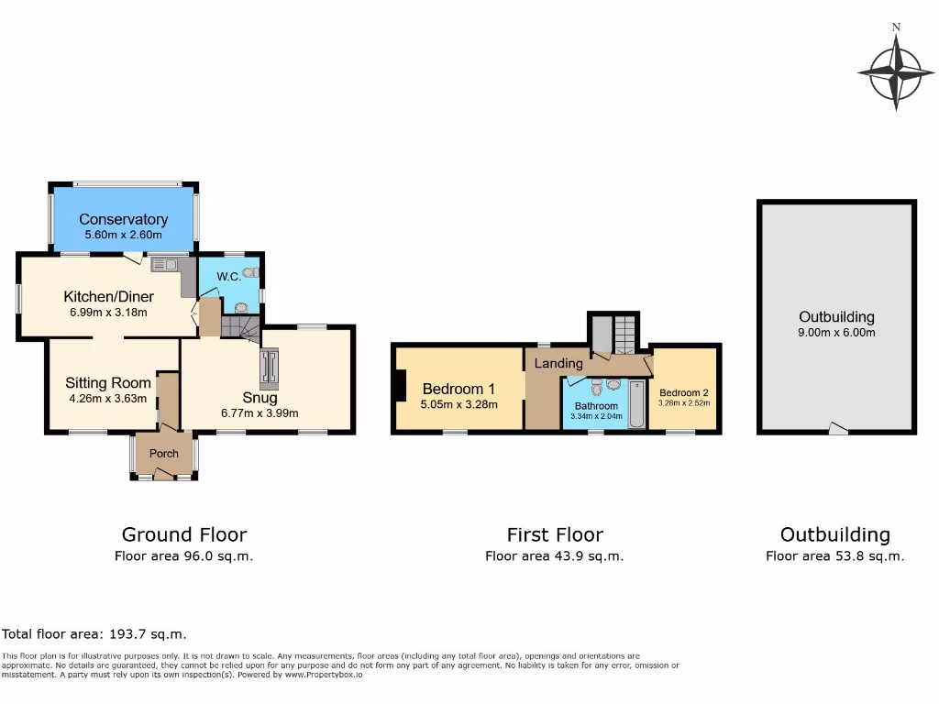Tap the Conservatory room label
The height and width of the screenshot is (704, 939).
pyautogui.click(x=123, y=219)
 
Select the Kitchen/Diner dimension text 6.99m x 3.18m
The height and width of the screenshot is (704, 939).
pyautogui.click(x=108, y=313)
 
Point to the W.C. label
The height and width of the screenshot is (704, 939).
pyautogui.click(x=228, y=277)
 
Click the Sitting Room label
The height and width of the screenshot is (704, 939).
pyautogui.click(x=107, y=383)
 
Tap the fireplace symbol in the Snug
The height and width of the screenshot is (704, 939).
pyautogui.click(x=270, y=367)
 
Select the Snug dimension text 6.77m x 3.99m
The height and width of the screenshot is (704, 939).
pyautogui.click(x=260, y=413)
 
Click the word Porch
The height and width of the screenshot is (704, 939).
pyautogui.click(x=164, y=454)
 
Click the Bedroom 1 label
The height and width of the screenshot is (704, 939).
pyautogui.click(x=458, y=389)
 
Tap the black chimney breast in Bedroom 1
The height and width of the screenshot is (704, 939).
pyautogui.click(x=400, y=384)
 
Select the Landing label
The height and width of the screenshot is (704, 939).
pyautogui.click(x=558, y=364)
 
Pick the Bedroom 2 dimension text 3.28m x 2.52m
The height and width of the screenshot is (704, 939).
pyautogui.click(x=683, y=401)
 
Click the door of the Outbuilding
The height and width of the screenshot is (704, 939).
pyautogui.click(x=837, y=428)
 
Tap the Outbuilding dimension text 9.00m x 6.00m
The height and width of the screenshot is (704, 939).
pyautogui.click(x=836, y=333)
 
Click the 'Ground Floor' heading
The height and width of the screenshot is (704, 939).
pyautogui.click(x=184, y=534)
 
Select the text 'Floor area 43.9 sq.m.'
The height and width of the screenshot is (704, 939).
pyautogui.click(x=554, y=555)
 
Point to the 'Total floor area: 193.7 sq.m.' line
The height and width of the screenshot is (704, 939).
pyautogui.click(x=94, y=633)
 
